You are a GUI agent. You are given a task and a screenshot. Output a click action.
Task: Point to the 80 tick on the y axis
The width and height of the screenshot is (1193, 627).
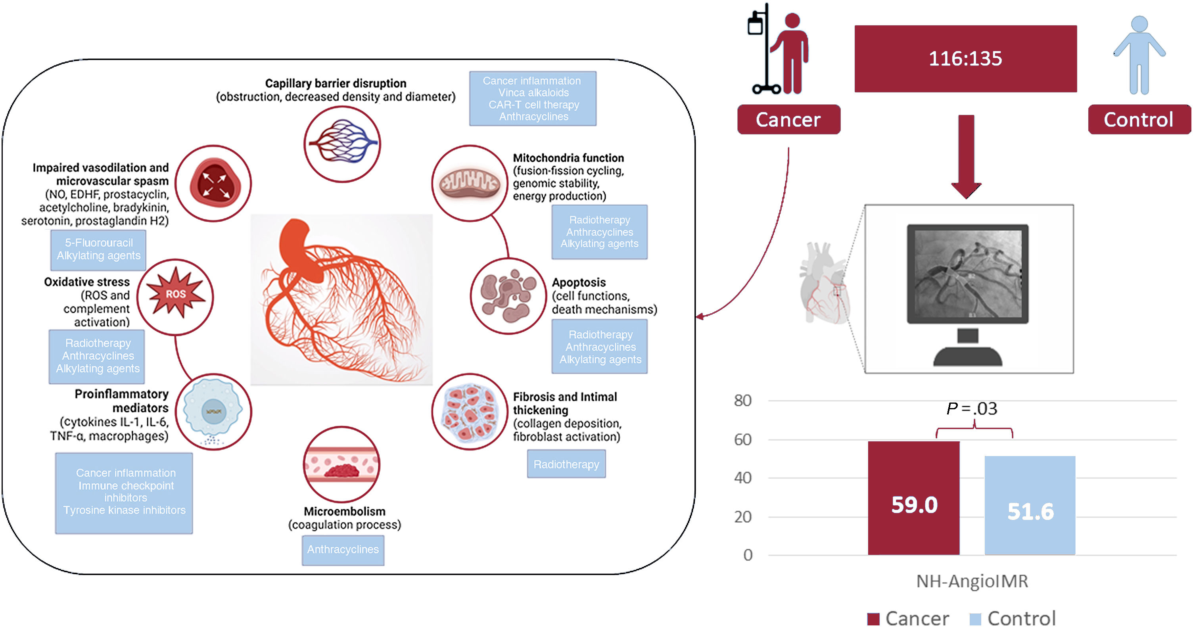point(742,401)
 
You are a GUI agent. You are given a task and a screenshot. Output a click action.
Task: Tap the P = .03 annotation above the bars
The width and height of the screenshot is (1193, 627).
point(972,408)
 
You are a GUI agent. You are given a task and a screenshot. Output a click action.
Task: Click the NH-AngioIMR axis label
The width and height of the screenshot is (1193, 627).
point(972,581)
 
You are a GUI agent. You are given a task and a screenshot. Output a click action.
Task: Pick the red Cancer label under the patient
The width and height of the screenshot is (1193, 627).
point(788,119)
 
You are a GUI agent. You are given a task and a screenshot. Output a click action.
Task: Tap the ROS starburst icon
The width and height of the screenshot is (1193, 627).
point(176,294)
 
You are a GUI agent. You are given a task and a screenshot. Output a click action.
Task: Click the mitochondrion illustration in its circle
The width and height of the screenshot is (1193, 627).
point(470,183)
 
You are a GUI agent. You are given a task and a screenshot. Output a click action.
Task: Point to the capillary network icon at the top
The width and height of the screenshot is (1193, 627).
point(342,144)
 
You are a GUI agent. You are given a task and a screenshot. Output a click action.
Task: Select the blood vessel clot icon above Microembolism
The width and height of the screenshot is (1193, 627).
point(342,464)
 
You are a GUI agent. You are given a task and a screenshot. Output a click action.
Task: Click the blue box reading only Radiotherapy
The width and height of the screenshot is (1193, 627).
point(566,464)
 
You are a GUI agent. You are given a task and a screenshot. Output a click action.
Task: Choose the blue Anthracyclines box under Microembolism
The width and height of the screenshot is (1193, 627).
point(343,550)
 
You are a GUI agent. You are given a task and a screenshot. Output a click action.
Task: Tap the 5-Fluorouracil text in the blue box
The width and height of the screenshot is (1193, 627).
point(99,243)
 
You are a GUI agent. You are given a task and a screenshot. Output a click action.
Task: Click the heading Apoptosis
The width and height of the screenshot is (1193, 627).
point(578,282)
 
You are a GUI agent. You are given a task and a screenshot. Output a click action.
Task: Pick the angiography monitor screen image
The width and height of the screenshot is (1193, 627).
point(967,274)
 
